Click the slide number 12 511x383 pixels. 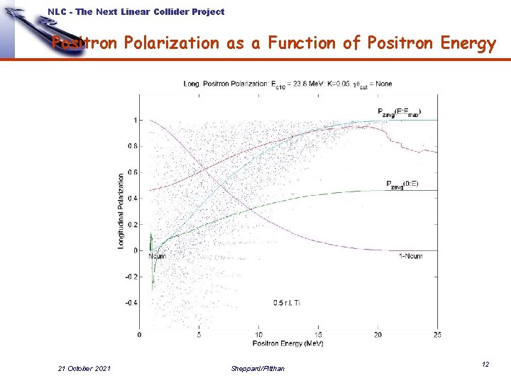pos(485,364)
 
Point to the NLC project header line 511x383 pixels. pos(136,11)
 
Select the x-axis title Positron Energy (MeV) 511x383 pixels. pos(288,343)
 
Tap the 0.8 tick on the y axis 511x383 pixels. pos(133,146)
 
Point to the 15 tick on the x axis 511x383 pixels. pos(319,335)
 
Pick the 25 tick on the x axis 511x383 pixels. pos(437,335)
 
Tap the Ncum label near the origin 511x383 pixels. pos(157,256)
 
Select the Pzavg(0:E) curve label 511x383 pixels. pos(402,184)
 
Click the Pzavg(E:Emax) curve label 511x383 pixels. pos(399,111)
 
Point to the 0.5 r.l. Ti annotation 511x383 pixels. pos(289,303)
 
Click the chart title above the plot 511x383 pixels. pos(287,84)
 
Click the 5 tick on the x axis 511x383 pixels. pos(199,335)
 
